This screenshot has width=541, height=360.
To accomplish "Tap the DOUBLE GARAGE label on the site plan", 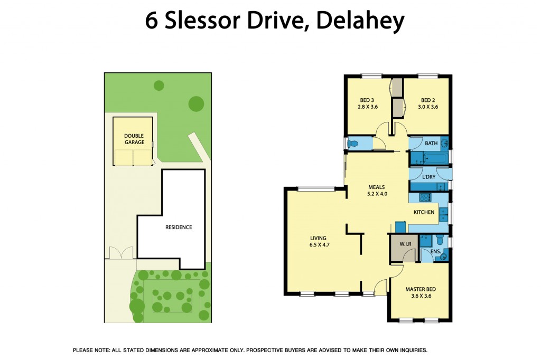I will point(134,139).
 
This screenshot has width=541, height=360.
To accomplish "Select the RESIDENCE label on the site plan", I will point(179,228).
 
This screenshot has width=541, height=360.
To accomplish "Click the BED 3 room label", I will point(367,100).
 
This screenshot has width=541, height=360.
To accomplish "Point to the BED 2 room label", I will point(427,100).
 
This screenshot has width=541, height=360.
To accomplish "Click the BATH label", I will point(431,143).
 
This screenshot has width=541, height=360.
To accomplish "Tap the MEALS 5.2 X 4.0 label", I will point(377,190).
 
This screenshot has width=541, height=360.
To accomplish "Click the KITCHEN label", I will point(424,212).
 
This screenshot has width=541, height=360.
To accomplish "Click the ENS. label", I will point(435,252).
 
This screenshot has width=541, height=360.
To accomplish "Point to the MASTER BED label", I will point(420,289).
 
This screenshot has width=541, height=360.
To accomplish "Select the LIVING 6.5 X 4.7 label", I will point(319,241).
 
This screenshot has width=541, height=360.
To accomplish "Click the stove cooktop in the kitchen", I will point(424,197).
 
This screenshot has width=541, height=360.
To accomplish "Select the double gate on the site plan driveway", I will point(120,253).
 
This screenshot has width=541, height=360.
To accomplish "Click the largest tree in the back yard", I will point(196,103).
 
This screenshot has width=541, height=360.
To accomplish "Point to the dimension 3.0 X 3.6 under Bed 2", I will point(427,107).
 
